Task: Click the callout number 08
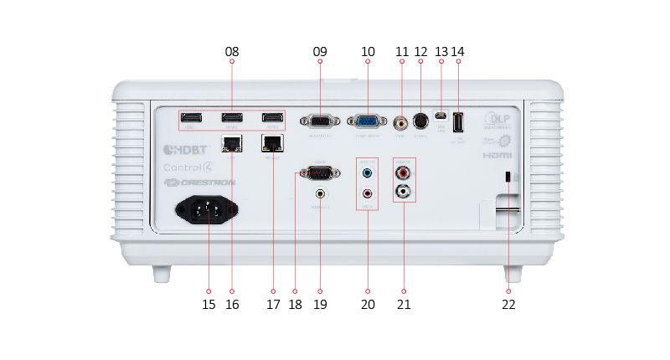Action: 232,52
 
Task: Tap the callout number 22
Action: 508,305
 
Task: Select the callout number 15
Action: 209,305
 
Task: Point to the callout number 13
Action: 441,52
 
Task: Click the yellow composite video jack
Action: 402,122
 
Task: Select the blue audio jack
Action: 367,173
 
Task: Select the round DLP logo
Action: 496,119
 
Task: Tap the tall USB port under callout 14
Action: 457,122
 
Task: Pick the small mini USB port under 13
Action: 441,116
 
